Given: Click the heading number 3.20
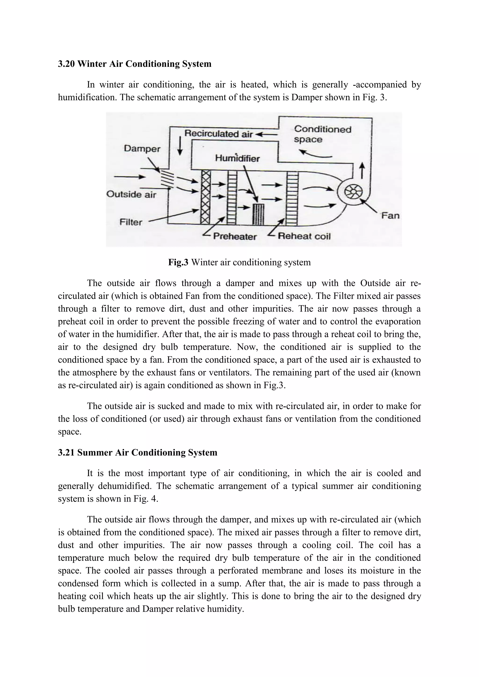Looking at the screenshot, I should [66, 64].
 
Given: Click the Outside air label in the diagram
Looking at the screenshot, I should [131, 194].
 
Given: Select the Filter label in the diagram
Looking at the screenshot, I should [131, 222].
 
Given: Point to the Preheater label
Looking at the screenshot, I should [235, 237].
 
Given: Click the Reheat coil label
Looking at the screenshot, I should [304, 236].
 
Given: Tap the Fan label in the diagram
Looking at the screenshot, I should [390, 216].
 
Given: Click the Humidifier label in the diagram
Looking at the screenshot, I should [237, 159].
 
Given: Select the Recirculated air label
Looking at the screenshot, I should [218, 134].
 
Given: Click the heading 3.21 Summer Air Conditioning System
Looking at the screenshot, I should [138, 453].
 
